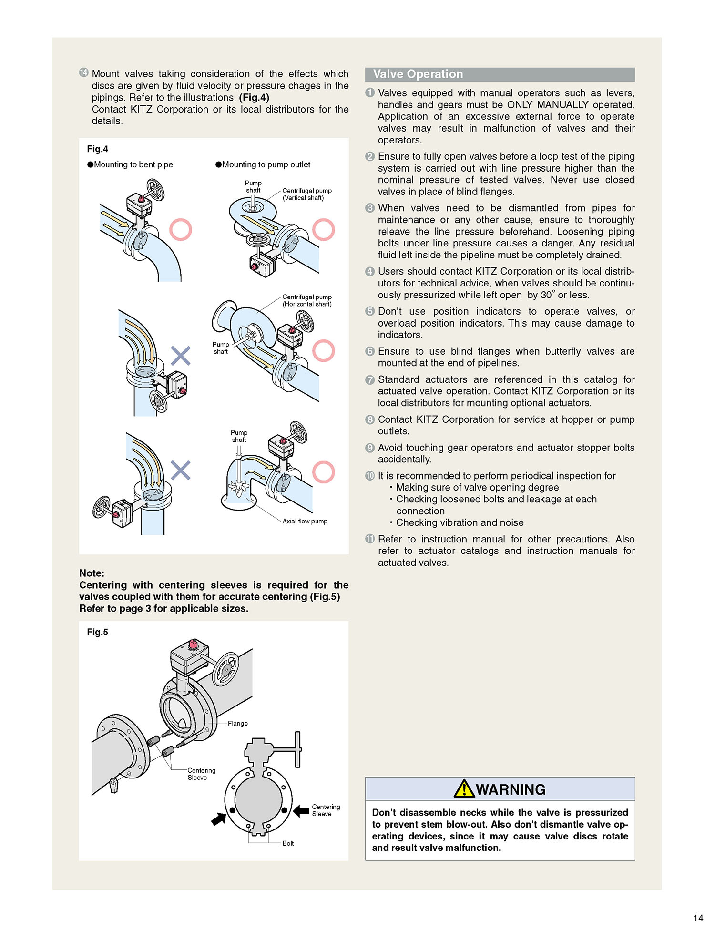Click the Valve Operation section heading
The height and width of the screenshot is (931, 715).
(418, 74)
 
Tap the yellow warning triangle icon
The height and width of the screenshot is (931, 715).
(463, 789)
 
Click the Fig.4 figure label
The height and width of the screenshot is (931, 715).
(97, 149)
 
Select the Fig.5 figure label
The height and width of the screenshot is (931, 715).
(97, 632)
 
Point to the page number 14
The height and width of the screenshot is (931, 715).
(698, 918)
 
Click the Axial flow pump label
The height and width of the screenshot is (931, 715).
(305, 521)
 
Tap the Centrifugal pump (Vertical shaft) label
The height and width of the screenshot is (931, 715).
(306, 194)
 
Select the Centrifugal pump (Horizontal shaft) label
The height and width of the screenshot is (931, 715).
(306, 300)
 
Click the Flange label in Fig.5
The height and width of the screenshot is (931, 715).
(237, 723)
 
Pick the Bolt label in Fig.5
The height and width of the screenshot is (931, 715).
(288, 843)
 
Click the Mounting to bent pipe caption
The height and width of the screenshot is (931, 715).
(133, 164)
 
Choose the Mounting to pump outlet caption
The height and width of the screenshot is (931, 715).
(266, 164)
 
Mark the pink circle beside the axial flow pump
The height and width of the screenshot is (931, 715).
(324, 472)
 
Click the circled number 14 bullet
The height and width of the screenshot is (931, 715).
(84, 72)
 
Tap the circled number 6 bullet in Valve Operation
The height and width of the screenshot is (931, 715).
(370, 351)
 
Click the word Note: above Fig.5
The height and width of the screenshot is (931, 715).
(92, 573)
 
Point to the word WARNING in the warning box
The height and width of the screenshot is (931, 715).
(511, 789)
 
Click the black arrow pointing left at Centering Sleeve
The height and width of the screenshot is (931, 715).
(301, 810)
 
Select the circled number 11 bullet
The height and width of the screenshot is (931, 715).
(370, 539)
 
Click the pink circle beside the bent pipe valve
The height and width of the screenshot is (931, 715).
(181, 230)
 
